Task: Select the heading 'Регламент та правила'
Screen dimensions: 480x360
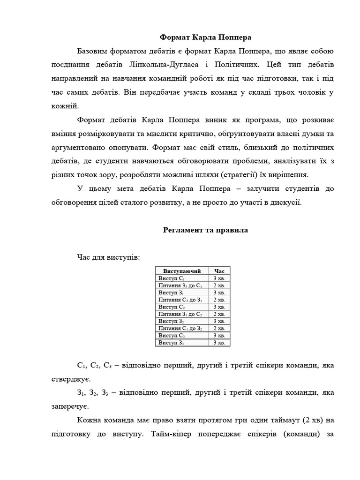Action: (x=205, y=230)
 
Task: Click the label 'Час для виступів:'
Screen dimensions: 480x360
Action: (x=108, y=257)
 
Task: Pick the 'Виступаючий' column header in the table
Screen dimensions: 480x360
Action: (x=182, y=271)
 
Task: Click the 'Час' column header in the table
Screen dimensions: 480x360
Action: (x=219, y=271)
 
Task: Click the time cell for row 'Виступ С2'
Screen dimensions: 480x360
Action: (x=219, y=307)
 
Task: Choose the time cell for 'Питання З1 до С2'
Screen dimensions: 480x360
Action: (x=219, y=314)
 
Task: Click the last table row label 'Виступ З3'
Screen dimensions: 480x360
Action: (x=172, y=343)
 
